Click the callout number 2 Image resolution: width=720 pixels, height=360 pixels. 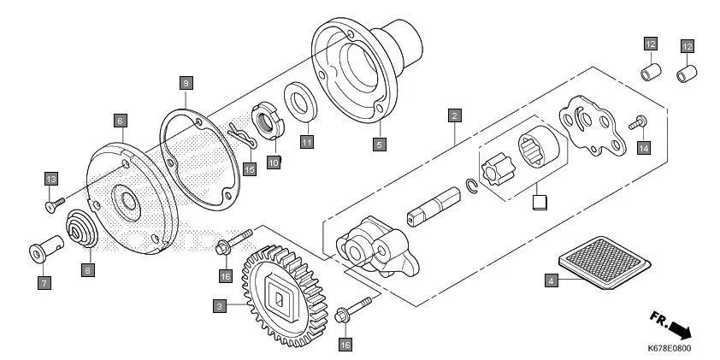[454, 115]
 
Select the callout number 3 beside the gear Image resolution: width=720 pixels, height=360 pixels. [220, 305]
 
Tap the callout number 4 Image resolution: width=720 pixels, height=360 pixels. [551, 280]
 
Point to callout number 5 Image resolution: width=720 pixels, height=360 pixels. [378, 143]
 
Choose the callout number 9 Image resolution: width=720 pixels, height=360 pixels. [186, 83]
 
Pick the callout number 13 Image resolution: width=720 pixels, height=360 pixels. [50, 178]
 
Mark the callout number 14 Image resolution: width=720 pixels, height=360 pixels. [643, 148]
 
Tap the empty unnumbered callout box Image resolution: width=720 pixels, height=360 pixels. [538, 202]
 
